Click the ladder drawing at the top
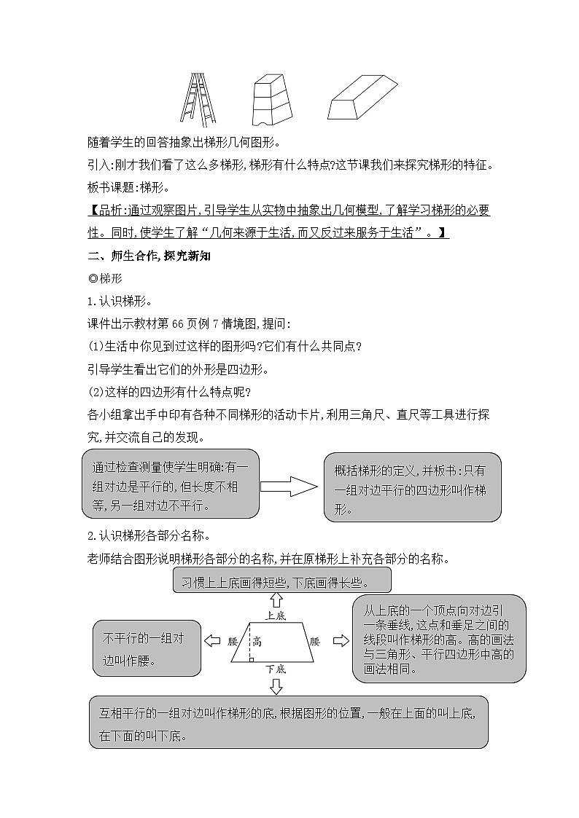(x=198, y=100)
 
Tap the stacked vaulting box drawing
(x=271, y=101)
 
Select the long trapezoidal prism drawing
(x=362, y=98)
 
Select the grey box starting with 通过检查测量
(x=171, y=484)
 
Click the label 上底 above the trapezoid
(x=276, y=616)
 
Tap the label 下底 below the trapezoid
(x=275, y=668)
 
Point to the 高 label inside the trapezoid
(x=257, y=642)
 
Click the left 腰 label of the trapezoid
(x=233, y=642)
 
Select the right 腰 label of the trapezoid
(x=315, y=642)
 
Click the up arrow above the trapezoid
(x=276, y=600)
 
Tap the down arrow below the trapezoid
(x=276, y=685)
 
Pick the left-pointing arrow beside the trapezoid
(x=212, y=641)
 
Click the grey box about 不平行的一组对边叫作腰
(x=147, y=648)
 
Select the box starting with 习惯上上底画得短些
(x=282, y=581)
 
